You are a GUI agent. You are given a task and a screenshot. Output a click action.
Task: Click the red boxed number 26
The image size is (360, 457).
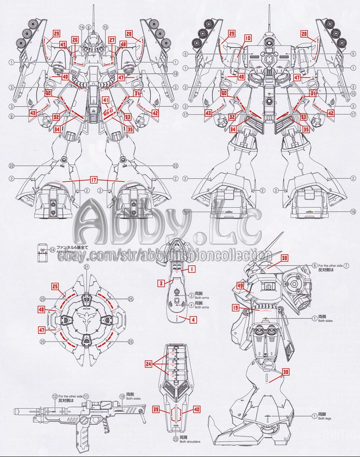[75, 40]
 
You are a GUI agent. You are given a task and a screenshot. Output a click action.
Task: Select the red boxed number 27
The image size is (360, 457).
[112, 40]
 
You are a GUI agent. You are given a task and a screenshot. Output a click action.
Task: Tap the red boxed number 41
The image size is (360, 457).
[106, 100]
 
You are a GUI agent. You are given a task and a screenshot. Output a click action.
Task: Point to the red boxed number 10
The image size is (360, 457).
[247, 38]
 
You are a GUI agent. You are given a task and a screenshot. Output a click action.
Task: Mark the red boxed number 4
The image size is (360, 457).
[193, 319]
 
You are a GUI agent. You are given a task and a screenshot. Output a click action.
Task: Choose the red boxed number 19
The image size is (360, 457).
[236, 308]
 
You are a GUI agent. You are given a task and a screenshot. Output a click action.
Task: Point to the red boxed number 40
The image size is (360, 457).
[196, 410]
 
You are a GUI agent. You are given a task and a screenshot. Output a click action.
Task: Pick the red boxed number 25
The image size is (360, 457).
[55, 286]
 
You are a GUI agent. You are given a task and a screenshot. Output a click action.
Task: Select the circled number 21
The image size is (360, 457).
[86, 267]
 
